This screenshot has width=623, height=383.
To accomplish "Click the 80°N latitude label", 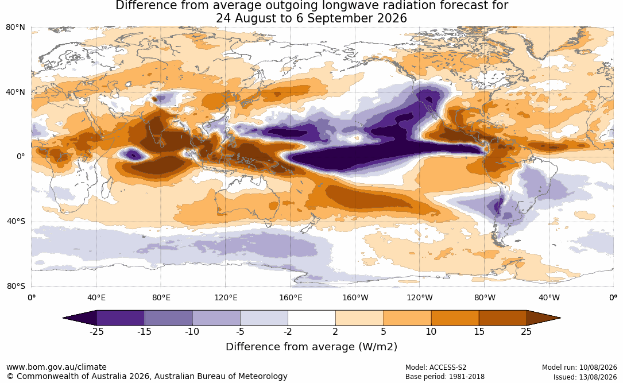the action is click(15, 28).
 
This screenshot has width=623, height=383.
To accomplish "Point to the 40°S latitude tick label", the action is click(16, 221).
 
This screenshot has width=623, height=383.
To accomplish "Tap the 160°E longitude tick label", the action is click(291, 297).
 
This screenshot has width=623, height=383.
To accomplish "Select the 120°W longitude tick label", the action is click(420, 297).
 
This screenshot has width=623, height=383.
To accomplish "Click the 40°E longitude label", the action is click(96, 297).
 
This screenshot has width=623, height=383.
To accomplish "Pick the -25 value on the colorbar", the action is click(96, 331).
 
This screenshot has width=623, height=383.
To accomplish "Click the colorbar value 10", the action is click(431, 331).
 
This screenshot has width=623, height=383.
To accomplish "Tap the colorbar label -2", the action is click(288, 331).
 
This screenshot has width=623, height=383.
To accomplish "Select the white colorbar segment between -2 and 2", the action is click(312, 318).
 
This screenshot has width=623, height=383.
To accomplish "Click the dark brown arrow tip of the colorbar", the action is click(558, 318).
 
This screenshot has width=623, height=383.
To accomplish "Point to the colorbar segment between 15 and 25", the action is click(503, 318).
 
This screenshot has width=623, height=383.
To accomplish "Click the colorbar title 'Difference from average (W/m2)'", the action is click(311, 347).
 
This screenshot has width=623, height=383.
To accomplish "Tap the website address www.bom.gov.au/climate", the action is click(56, 367).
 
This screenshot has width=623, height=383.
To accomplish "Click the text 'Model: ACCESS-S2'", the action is click(436, 367).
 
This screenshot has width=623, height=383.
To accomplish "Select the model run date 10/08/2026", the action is click(598, 367).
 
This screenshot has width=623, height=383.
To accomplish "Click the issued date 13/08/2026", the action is click(598, 377).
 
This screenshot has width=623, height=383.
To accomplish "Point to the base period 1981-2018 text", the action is click(466, 377).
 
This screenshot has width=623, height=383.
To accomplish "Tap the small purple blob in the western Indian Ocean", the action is click(133, 154).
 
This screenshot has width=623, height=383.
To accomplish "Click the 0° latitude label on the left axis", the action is click(21, 157).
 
